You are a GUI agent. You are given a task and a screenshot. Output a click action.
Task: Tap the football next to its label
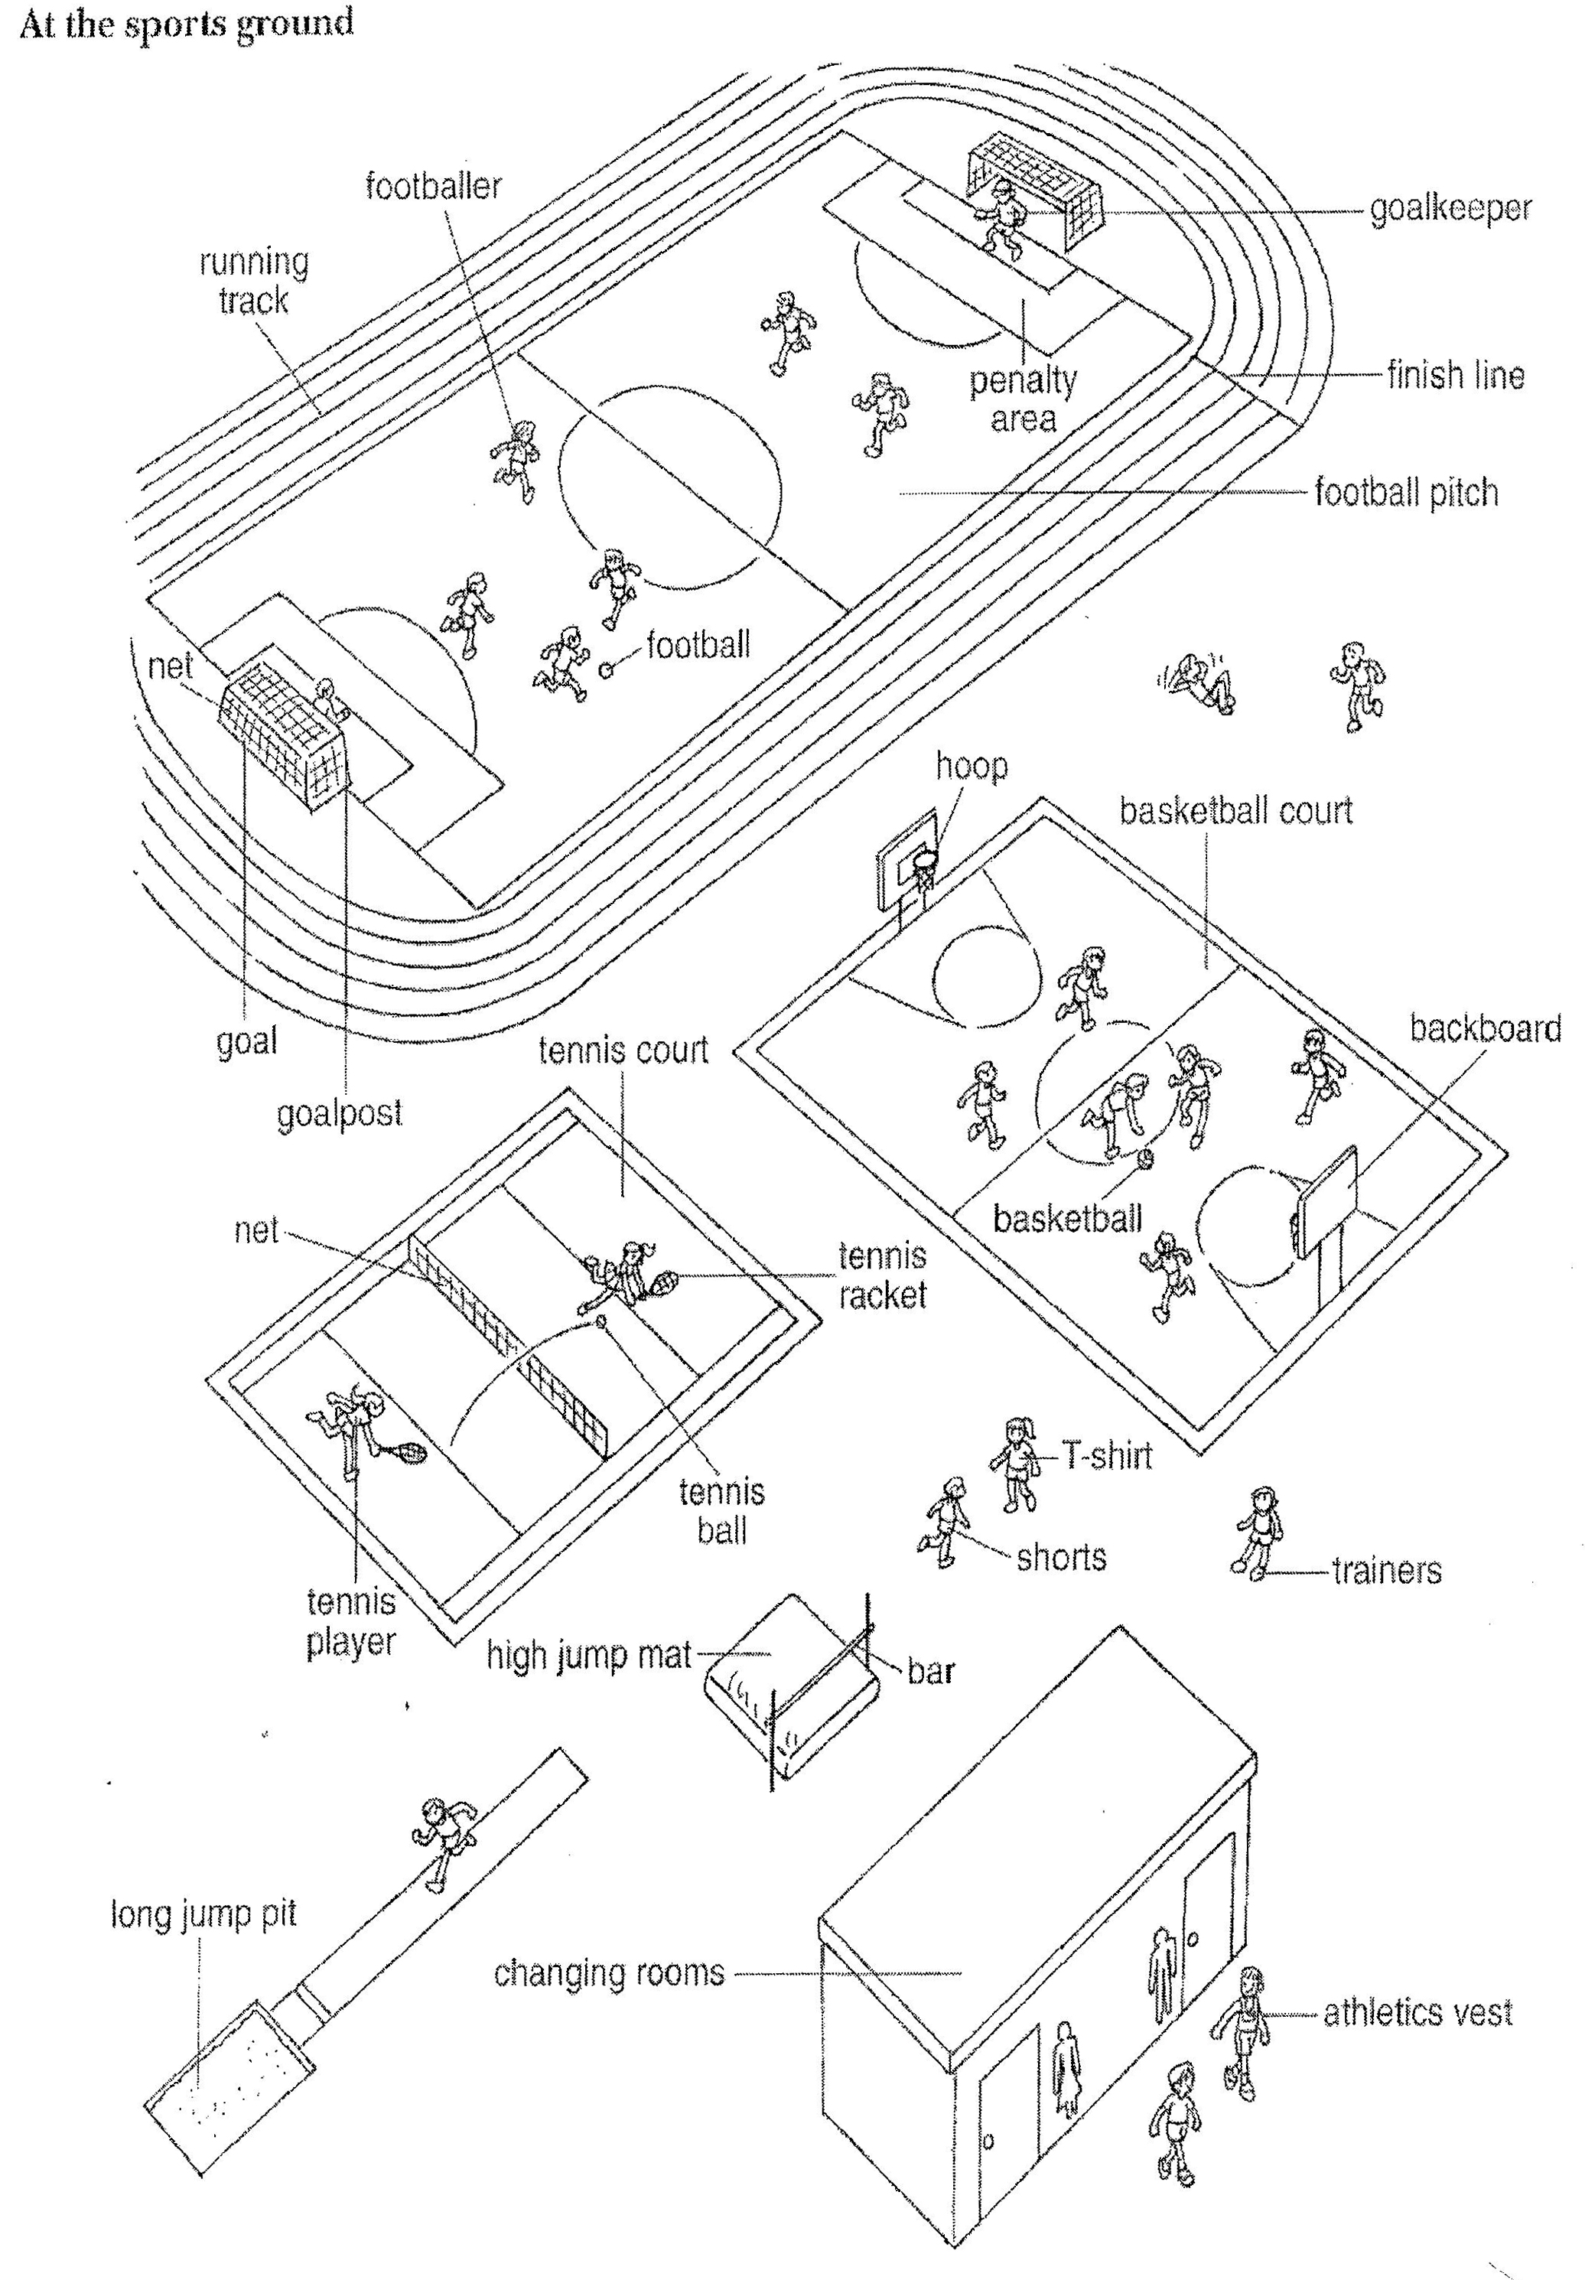606,670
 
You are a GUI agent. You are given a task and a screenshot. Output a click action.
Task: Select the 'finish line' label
1455,376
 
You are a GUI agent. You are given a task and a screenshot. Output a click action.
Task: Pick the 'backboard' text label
1485,1029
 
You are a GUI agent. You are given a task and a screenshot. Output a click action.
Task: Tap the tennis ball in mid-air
599,1321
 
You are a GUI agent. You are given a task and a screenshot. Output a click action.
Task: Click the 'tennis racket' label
882,1275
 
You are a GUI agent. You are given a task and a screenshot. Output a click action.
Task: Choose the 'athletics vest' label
1417,2012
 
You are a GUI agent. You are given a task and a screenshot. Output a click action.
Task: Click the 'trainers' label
1386,1570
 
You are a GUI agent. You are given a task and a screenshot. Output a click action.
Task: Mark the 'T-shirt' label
1106,1456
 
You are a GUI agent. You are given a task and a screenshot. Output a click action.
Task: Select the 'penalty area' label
1023,399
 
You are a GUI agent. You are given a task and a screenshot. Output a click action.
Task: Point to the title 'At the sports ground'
187,24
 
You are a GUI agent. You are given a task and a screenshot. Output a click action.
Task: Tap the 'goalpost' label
340,1113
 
